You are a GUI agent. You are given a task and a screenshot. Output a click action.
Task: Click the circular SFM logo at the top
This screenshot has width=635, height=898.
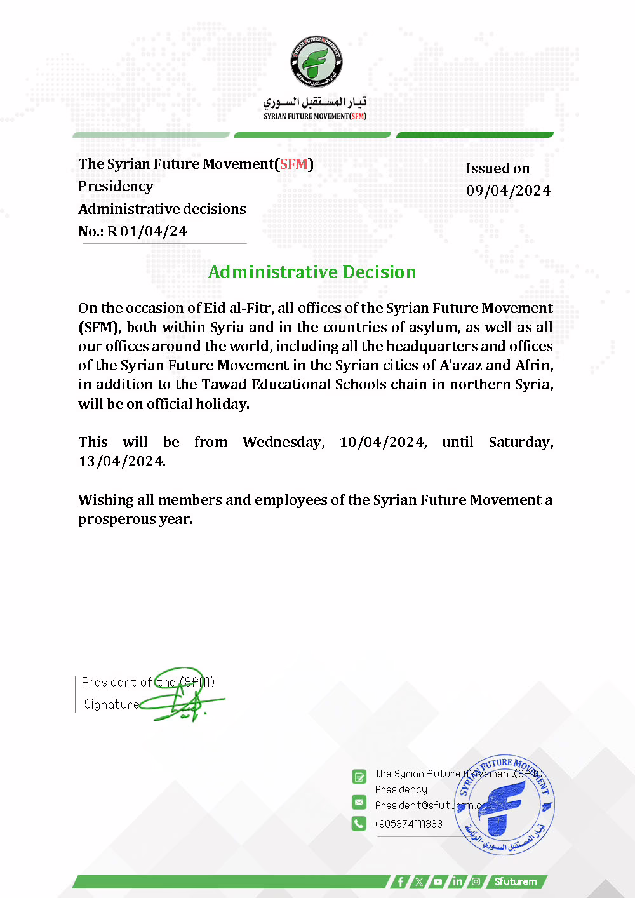pyautogui.click(x=317, y=61)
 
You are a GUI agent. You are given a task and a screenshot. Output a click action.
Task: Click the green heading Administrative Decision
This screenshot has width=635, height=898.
pyautogui.click(x=312, y=272)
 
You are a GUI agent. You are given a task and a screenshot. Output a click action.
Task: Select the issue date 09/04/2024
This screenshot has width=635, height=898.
pyautogui.click(x=508, y=191)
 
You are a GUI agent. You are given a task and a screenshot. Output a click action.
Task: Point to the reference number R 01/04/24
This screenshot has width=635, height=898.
pyautogui.click(x=147, y=231)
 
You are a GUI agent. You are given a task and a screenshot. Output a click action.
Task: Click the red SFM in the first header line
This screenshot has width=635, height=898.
pyautogui.click(x=293, y=164)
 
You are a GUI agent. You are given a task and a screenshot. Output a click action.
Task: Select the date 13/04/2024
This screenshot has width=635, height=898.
pyautogui.click(x=122, y=462)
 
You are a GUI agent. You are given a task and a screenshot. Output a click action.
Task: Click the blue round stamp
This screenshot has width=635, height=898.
pyautogui.click(x=505, y=805)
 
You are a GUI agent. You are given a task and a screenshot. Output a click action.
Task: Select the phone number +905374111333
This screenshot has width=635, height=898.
pyautogui.click(x=408, y=824)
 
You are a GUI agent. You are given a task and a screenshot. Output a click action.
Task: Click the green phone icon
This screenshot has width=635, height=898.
pyautogui.click(x=359, y=823)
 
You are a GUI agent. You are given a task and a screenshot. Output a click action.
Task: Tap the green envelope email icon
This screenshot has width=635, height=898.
pyautogui.click(x=359, y=802)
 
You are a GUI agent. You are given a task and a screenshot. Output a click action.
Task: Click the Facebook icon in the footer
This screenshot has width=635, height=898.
pyautogui.click(x=400, y=881)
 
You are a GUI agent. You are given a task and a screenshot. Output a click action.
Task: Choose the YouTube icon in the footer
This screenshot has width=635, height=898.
pyautogui.click(x=438, y=881)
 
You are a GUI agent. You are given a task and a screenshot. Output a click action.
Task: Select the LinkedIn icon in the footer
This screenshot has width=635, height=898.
pyautogui.click(x=457, y=881)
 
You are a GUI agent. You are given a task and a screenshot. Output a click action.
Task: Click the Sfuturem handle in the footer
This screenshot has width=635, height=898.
pyautogui.click(x=516, y=881)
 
